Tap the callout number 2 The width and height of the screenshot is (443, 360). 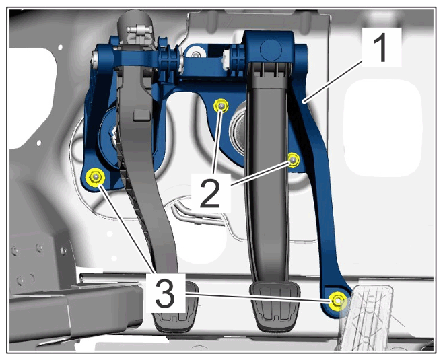pos(210,194)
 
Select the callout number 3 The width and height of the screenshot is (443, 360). pos(165,293)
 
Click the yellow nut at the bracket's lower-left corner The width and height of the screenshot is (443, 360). pos(95,177)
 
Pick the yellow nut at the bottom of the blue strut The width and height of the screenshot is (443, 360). pos(337,301)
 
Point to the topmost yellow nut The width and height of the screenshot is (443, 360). pos(221,106)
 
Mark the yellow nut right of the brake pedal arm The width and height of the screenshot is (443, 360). pos(294,160)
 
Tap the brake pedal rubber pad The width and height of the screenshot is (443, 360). pos(274,306)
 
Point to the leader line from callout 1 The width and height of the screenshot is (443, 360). pos(333,82)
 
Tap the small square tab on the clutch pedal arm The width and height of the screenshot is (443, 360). pos(141,114)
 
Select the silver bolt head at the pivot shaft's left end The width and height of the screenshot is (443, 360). pos(95,59)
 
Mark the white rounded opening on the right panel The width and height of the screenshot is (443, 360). pos(383,129)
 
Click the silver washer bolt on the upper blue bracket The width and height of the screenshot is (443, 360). pos(195,53)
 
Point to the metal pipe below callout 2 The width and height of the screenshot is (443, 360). pos(198,213)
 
